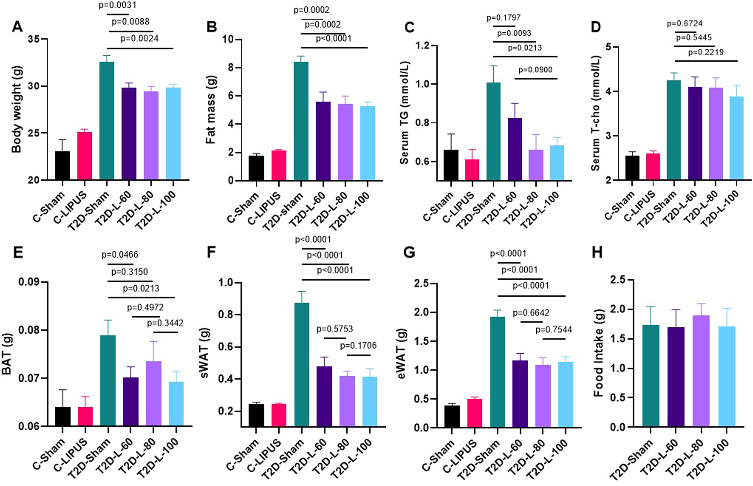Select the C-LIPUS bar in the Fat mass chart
(279, 165)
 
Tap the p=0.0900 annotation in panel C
(535, 70)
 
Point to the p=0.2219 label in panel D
(706, 52)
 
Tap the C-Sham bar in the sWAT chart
(256, 415)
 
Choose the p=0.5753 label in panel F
(335, 329)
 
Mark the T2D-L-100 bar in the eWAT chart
(565, 395)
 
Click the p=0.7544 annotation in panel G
(554, 330)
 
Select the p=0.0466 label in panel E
(120, 254)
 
